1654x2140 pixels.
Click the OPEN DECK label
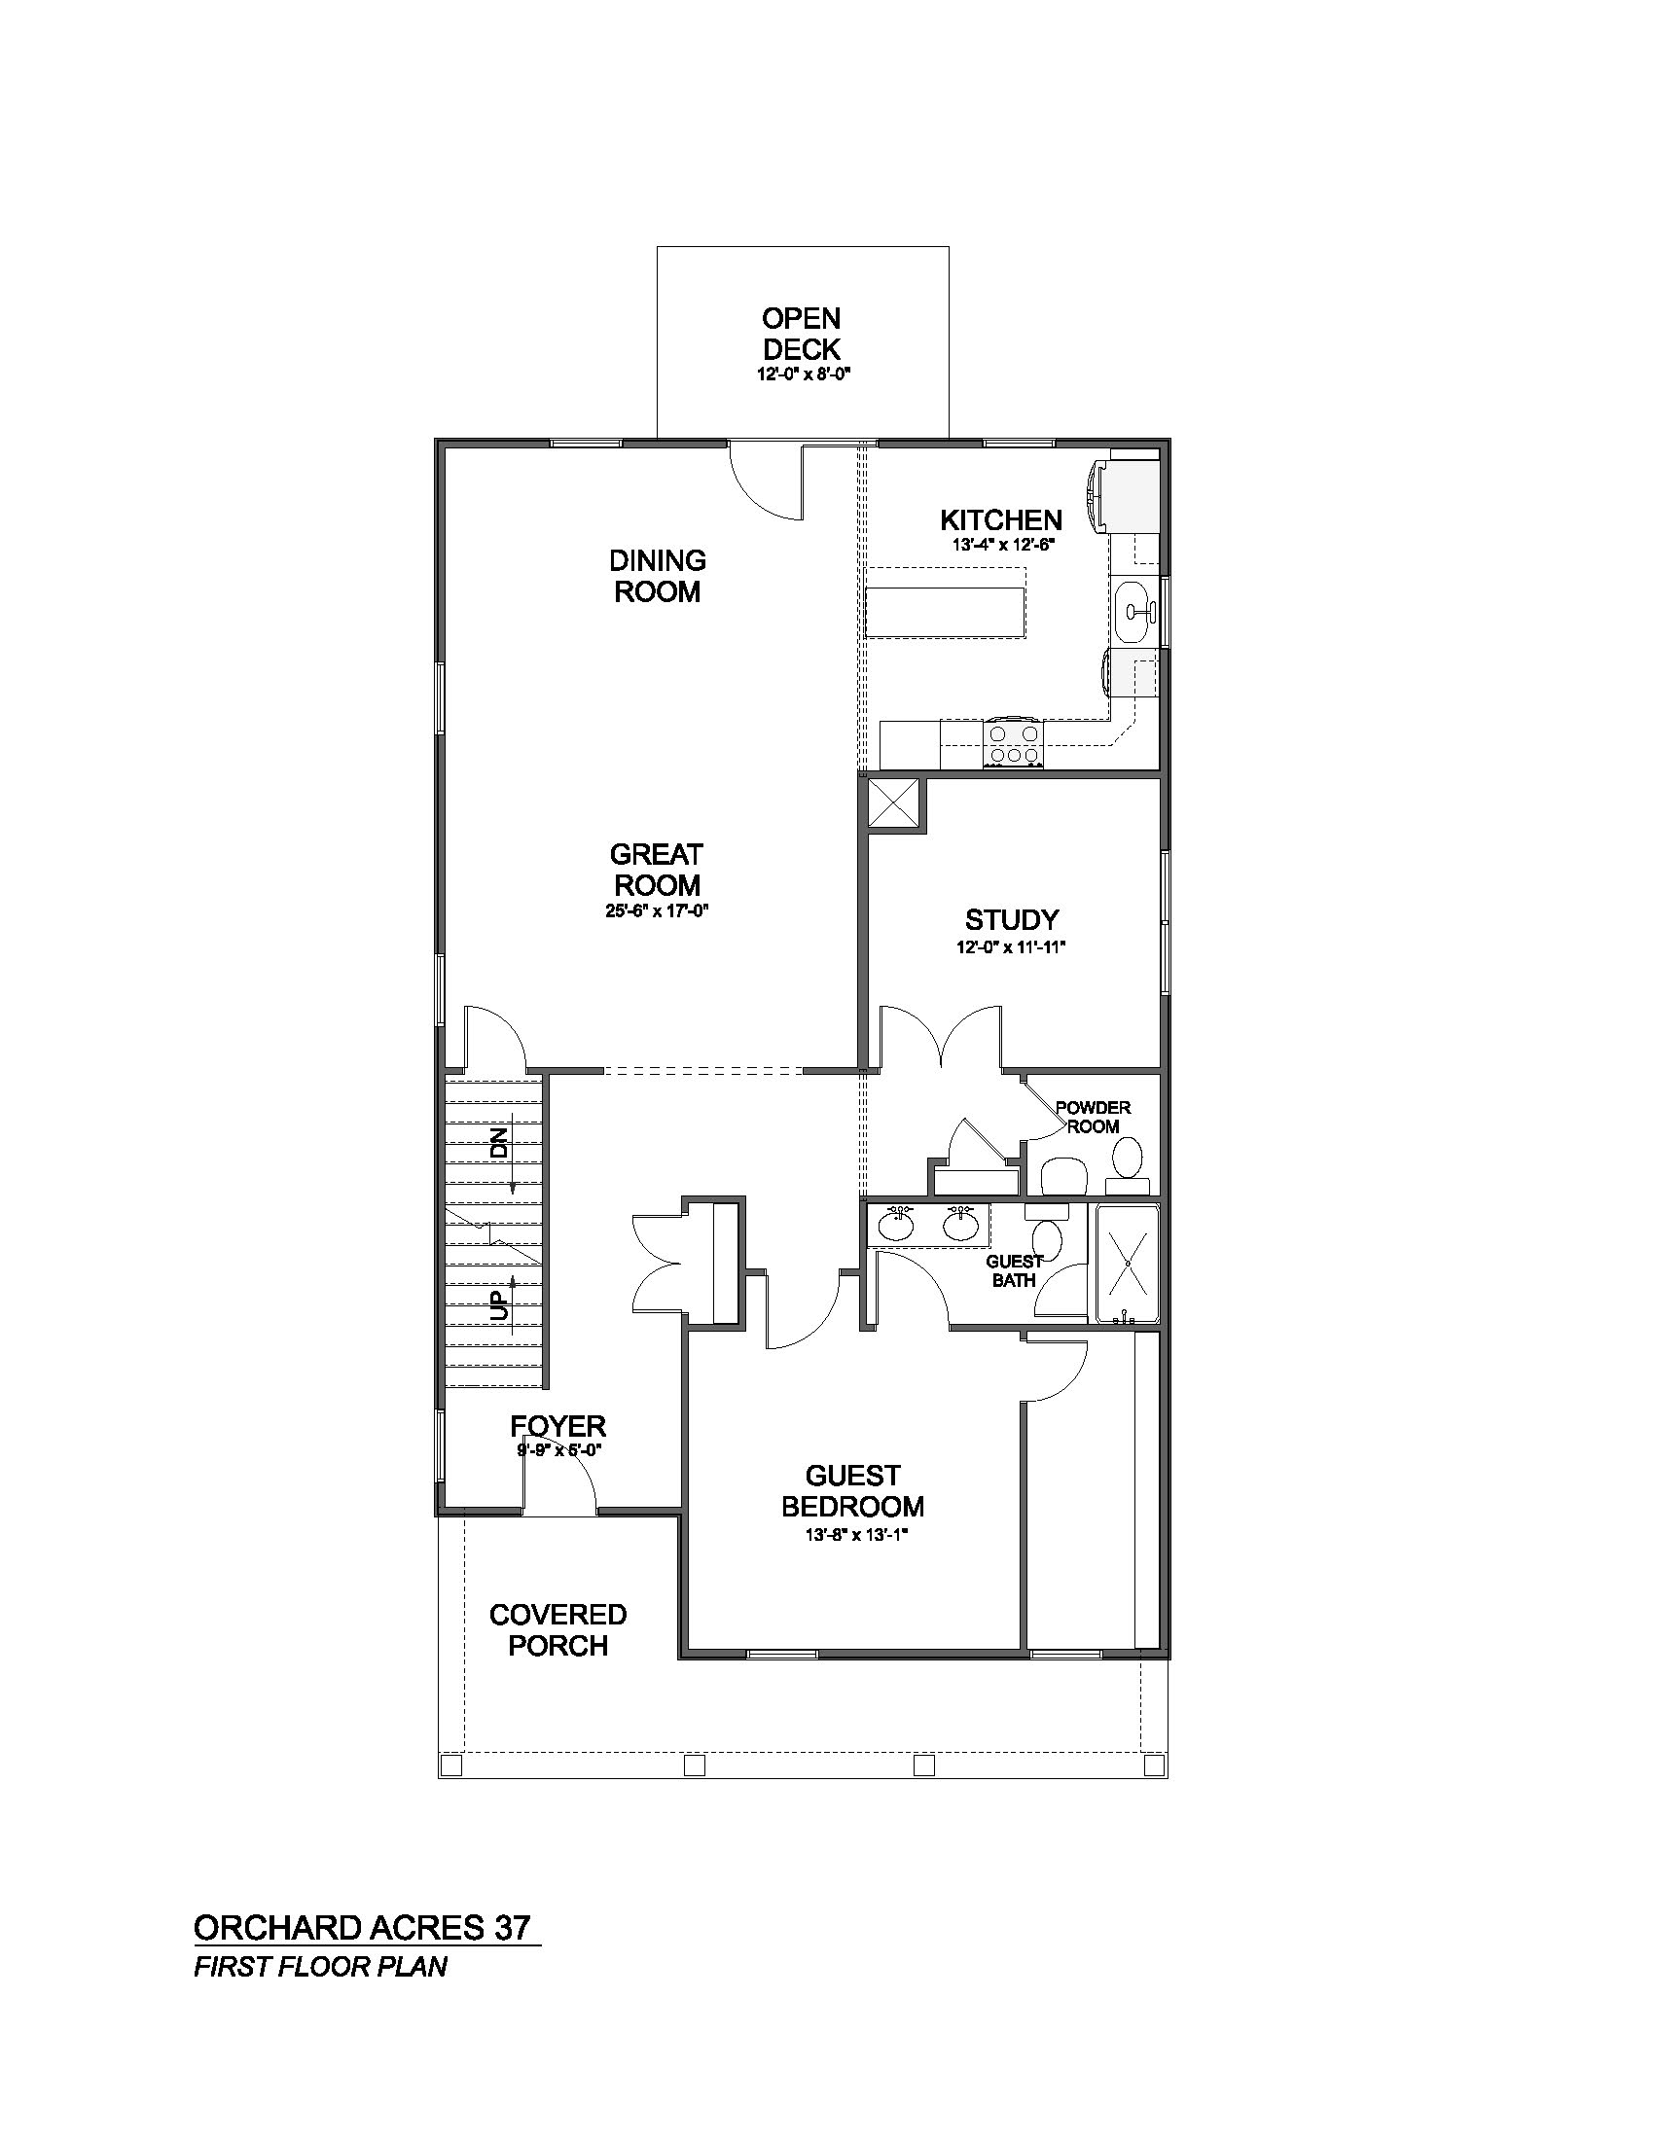point(802,333)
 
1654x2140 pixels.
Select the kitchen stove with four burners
point(1016,743)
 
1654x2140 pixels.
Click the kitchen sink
point(1136,612)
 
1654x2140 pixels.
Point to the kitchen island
point(945,612)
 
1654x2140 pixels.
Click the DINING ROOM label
point(658,575)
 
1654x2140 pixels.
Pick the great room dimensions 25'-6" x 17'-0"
point(657,911)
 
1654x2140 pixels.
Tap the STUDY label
point(1012,920)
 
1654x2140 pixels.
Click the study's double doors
point(942,1036)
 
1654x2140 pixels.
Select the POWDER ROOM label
point(1093,1117)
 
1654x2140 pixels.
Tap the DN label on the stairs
point(501,1144)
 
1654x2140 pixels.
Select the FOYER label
point(558,1426)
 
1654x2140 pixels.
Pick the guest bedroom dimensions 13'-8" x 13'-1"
point(852,1536)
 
